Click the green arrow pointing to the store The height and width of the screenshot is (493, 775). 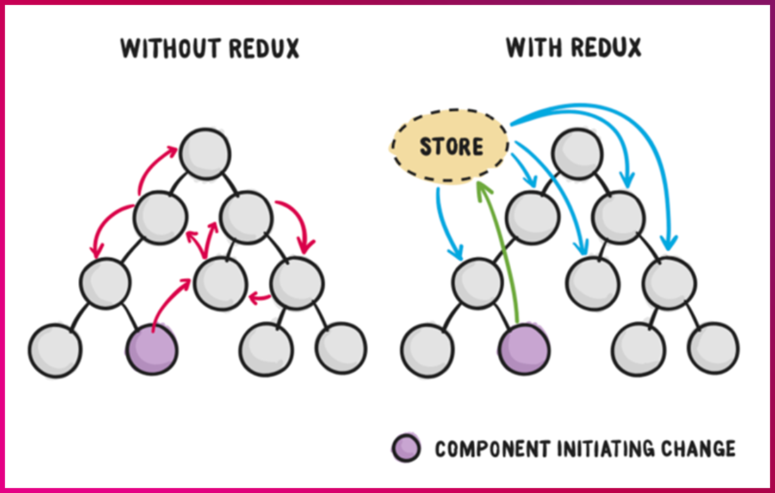tap(502, 254)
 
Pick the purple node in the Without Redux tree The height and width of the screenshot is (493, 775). tap(151, 349)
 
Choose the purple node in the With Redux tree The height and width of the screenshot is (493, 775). tap(523, 349)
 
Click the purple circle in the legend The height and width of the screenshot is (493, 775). tap(407, 448)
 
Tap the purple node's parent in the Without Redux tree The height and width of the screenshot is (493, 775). tap(106, 282)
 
